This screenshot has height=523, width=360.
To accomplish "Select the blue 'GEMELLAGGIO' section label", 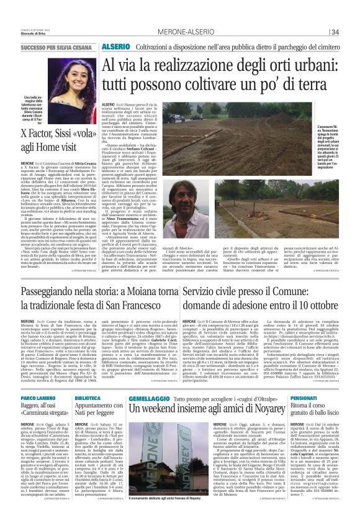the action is coord(145,398).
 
